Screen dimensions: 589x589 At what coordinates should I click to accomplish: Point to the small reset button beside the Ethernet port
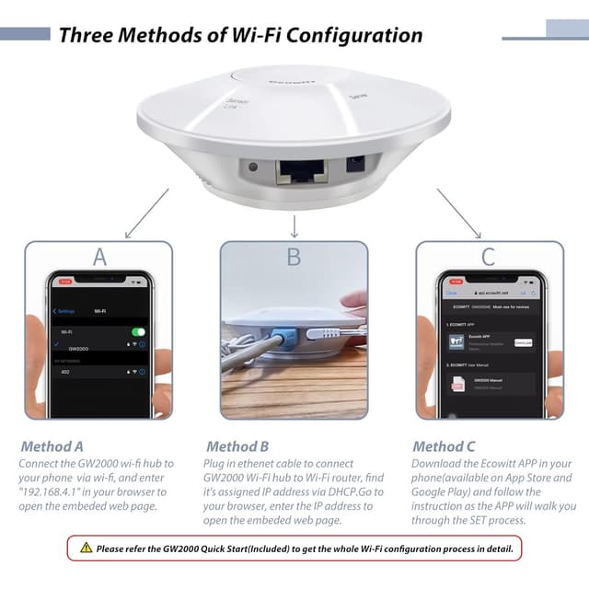coord(252,167)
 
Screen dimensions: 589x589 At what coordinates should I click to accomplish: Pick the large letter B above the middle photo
coord(294,256)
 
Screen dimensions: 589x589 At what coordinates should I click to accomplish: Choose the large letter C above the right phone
coord(489,256)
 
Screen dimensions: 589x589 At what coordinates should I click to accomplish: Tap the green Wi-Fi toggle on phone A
coord(138,331)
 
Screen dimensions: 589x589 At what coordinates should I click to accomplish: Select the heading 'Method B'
coord(237,446)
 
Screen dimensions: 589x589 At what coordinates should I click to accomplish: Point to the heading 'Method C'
coord(445,446)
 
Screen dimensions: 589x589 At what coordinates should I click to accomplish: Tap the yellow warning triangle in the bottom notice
coord(86,548)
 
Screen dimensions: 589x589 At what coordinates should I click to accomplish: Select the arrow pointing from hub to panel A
coord(146,213)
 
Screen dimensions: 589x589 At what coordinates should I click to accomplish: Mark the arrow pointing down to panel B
coord(294,225)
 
